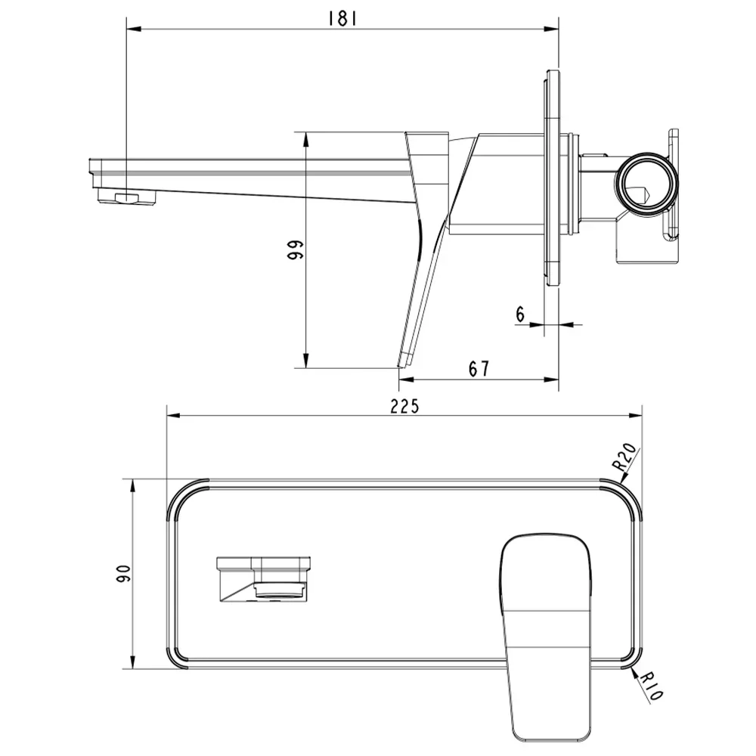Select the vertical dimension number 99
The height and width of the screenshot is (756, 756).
tap(294, 249)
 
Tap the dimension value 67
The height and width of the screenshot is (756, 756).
tap(479, 369)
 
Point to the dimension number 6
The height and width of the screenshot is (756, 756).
tap(520, 314)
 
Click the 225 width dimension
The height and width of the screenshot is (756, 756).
tap(404, 407)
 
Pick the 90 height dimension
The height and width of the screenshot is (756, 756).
tap(123, 573)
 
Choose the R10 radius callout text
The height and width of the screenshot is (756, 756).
tap(652, 687)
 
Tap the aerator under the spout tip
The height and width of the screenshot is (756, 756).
tap(128, 197)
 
